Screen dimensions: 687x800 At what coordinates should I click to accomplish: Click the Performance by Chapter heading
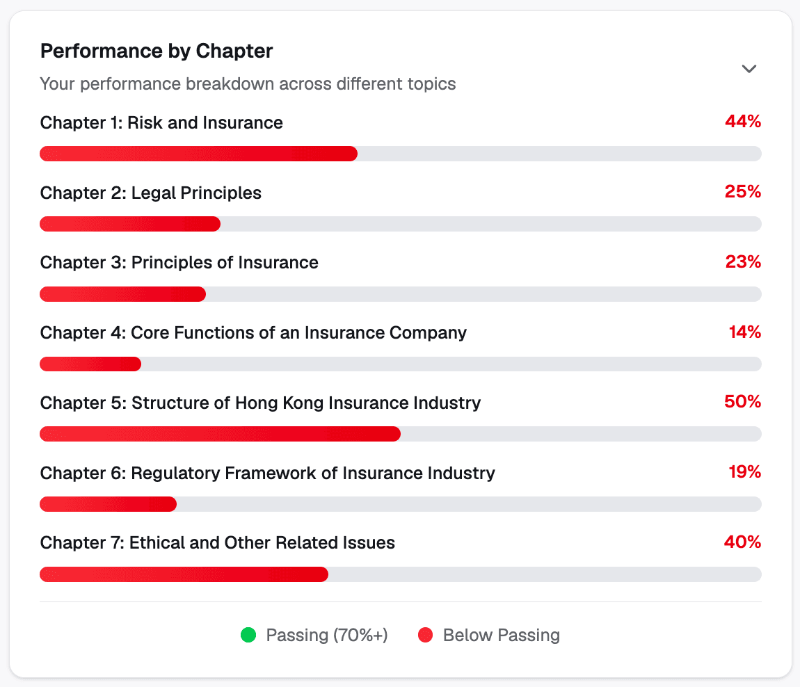[x=157, y=51]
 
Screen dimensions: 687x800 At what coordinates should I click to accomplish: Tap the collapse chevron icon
[x=749, y=69]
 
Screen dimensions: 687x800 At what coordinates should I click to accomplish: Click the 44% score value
[x=743, y=122]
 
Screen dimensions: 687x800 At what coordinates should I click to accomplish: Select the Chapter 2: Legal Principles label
[x=151, y=193]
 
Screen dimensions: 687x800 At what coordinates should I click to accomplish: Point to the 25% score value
[x=743, y=192]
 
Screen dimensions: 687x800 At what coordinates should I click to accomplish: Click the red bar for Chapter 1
[x=198, y=154]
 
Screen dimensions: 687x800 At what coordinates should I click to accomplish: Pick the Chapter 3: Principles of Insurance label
[x=179, y=263]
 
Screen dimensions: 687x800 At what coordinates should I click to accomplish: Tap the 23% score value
[x=743, y=262]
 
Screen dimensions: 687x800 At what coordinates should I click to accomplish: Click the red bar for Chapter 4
[x=90, y=364]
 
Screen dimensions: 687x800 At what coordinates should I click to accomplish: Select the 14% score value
[x=745, y=332]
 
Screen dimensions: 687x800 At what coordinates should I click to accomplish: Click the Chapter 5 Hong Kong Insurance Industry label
[x=260, y=403]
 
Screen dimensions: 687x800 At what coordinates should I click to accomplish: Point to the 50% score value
[x=743, y=402]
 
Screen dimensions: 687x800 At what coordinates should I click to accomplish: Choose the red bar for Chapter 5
[x=220, y=434]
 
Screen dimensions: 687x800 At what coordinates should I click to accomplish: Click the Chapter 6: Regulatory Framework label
[x=268, y=473]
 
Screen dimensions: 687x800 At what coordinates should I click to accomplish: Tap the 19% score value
[x=745, y=473]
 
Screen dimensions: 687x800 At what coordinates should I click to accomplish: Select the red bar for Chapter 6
[x=108, y=504]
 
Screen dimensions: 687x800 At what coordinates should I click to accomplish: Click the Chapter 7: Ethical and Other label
[x=218, y=543]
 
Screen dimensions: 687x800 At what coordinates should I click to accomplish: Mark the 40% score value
[x=743, y=542]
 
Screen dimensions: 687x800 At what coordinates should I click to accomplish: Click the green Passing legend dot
[x=248, y=635]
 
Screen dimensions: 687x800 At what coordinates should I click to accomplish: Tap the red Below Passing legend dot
[x=425, y=635]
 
